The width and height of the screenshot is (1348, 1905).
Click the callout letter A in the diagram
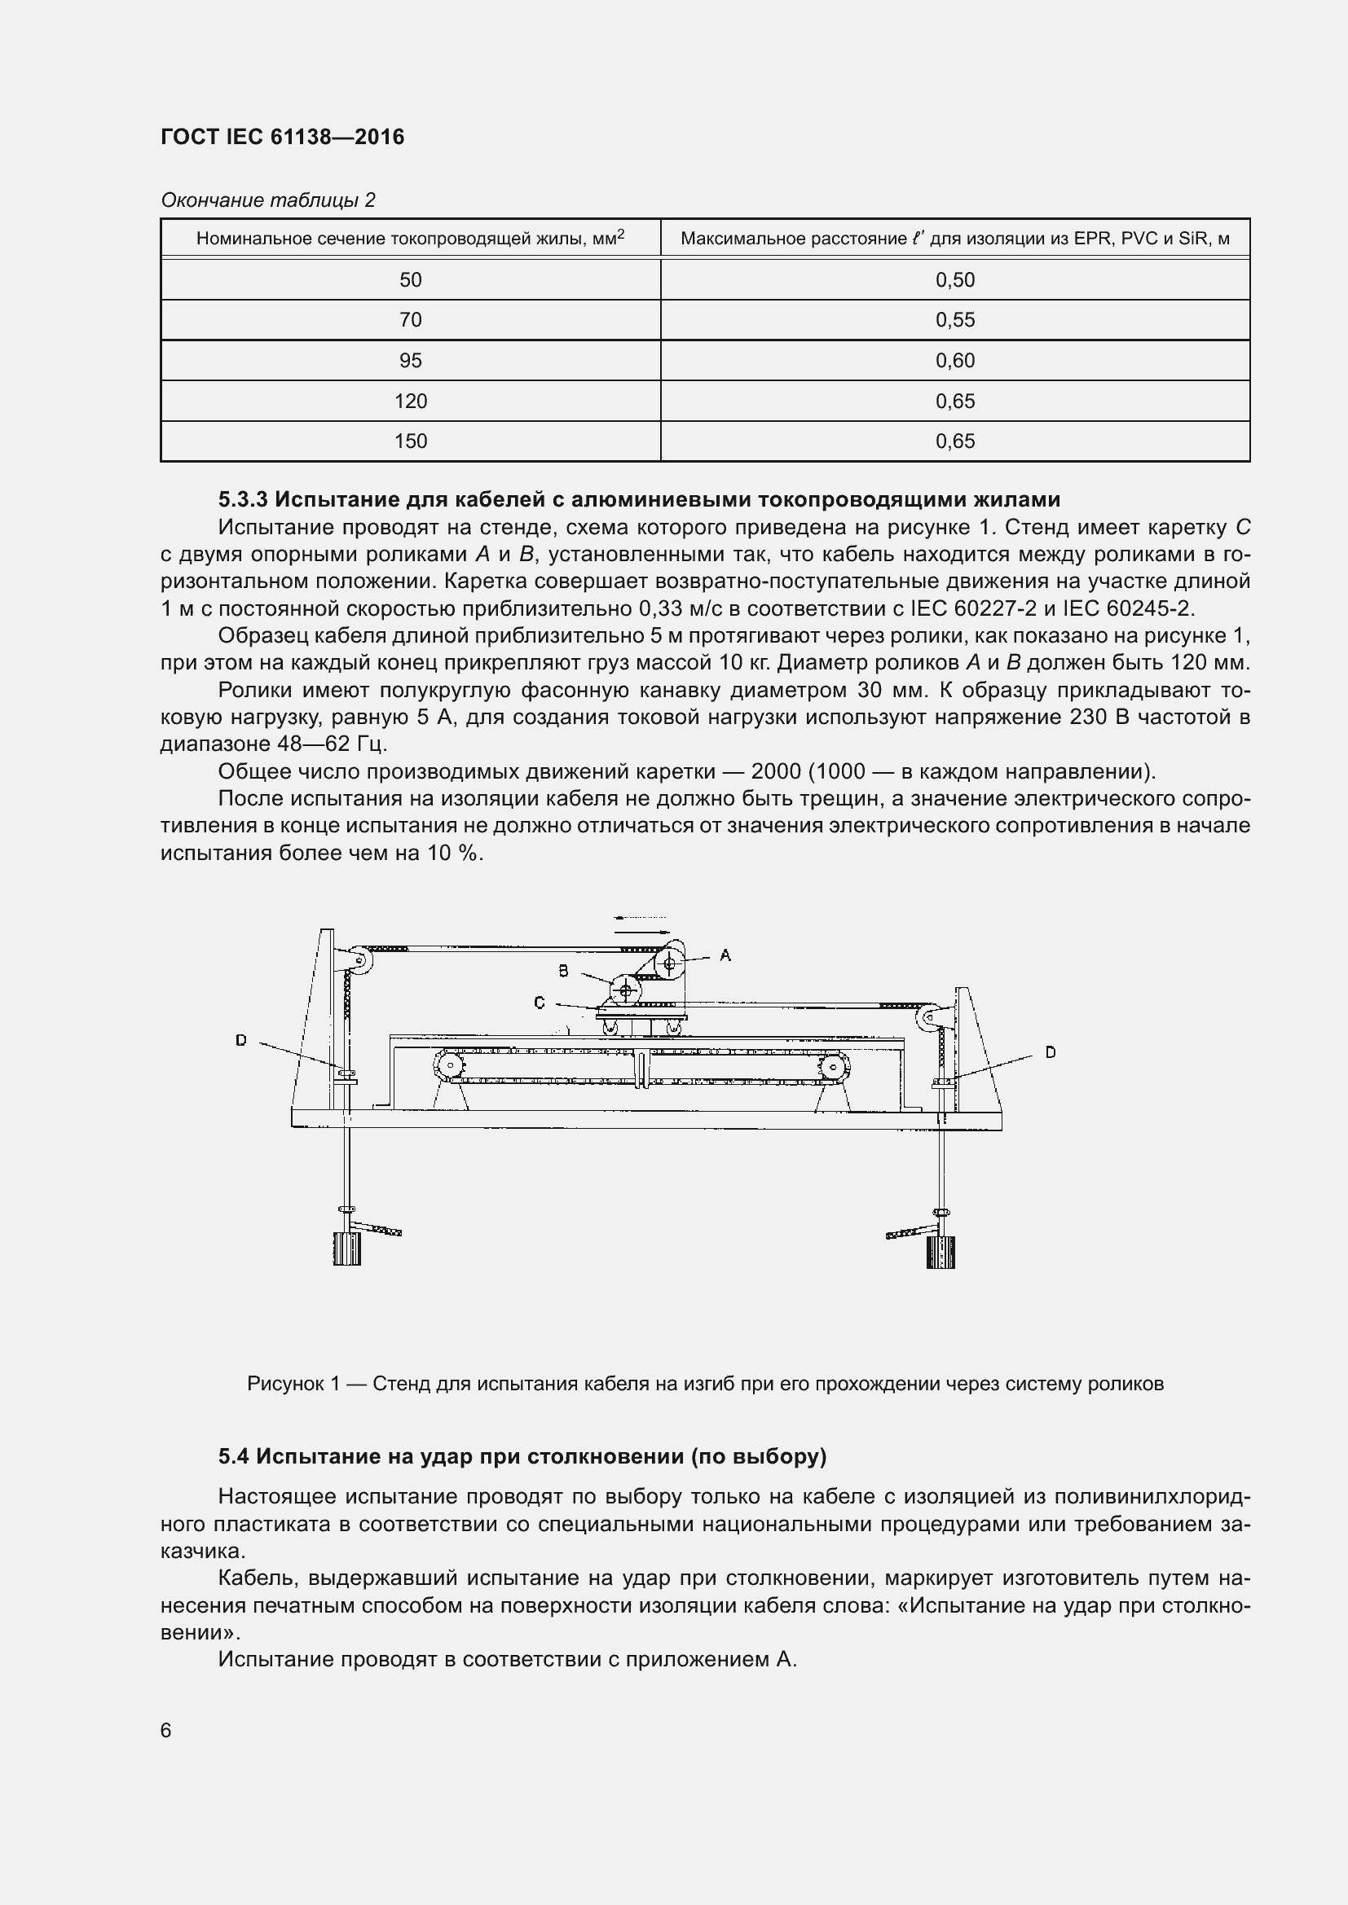pos(725,955)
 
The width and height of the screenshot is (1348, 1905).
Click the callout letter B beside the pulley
pos(564,970)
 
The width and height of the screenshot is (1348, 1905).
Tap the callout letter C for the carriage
pos(540,1003)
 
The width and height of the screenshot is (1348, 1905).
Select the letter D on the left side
pos(240,1039)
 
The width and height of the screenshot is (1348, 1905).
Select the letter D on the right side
pos(1050,1052)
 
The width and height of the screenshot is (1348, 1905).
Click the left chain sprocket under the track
pos(448,1065)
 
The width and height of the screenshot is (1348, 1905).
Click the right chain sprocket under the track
pos(832,1066)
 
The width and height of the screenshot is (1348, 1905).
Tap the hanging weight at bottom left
pos(347,1248)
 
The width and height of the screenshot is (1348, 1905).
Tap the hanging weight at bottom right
pos(940,1251)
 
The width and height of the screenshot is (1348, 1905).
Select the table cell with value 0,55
pos(954,320)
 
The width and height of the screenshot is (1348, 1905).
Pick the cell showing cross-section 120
pos(410,402)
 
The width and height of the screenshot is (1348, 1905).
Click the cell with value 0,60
pos(954,361)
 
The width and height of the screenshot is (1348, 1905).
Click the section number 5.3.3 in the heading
pos(243,499)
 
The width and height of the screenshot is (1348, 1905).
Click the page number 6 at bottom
pos(166,1730)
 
